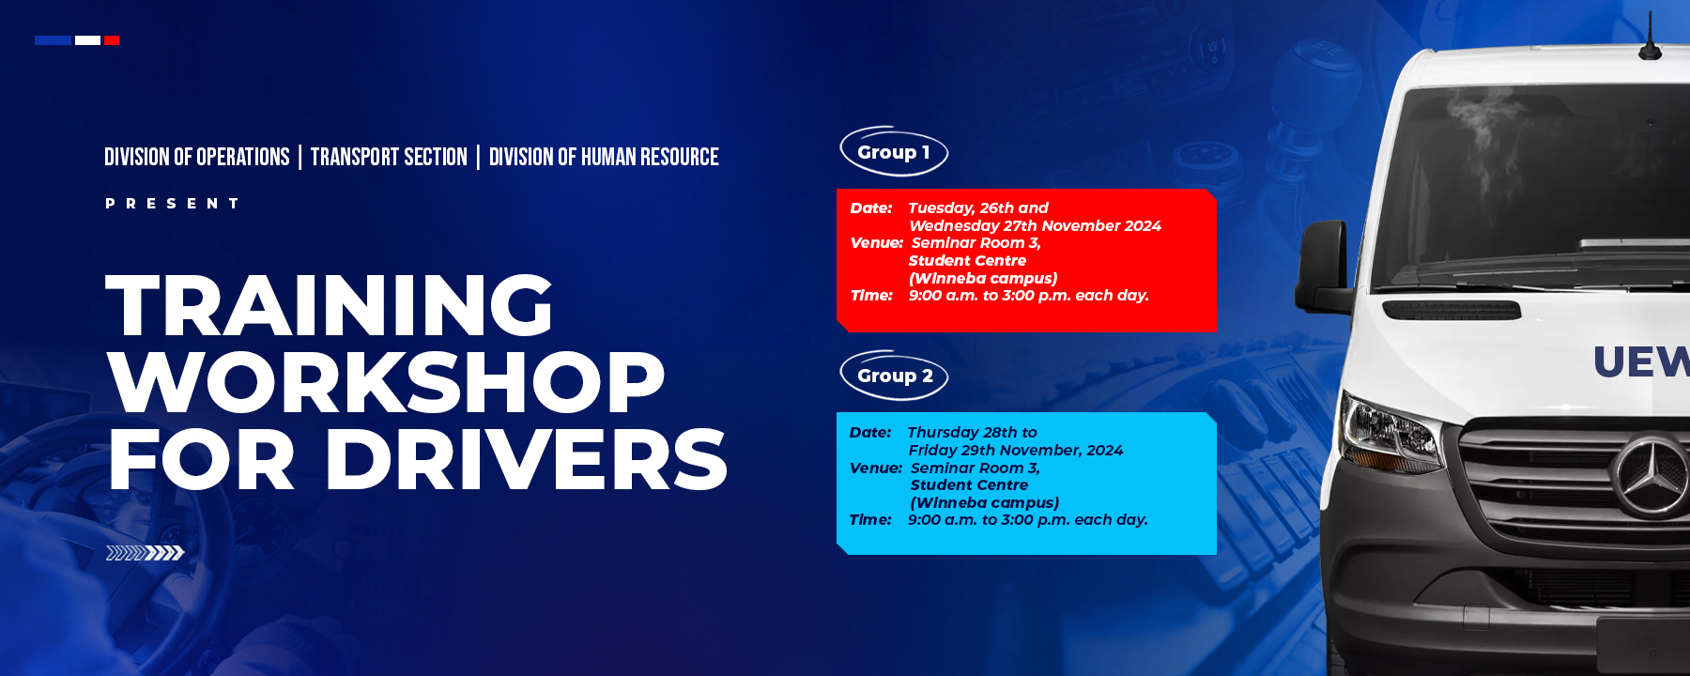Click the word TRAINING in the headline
pos(330,304)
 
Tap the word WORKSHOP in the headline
pos(387,382)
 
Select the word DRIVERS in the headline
pos(526,459)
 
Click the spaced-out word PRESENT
pos(172,203)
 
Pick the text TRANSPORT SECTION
pos(389,157)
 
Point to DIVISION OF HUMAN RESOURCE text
pos(604,157)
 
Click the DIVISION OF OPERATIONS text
pos(197,157)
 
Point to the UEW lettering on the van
pos(1642,361)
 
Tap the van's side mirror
pos(1323,267)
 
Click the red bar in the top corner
pos(112,40)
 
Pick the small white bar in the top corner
pos(87,40)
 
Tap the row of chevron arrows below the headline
pos(145,553)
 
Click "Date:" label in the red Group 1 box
pos(871,208)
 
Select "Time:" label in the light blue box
pos(870,520)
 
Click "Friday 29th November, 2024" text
pos(1016,451)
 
